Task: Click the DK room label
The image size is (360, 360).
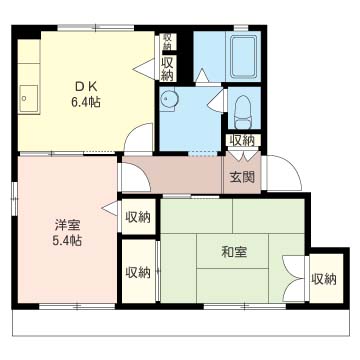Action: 85,87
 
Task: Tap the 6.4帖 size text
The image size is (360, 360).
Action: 85,102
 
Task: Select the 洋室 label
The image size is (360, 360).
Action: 67,226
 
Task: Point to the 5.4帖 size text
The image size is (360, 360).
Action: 67,241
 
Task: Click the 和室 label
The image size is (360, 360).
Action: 234,253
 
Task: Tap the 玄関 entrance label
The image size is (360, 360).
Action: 242,178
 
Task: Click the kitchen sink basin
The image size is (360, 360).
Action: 28,99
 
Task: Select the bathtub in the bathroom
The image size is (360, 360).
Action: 243,56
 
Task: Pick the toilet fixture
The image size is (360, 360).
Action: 244,112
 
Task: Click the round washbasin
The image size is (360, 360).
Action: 169,99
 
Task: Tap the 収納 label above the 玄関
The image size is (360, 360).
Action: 244,141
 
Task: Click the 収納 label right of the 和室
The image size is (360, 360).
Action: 324,279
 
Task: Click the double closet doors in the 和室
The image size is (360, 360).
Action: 294,278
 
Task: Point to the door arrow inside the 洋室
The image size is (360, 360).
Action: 110,208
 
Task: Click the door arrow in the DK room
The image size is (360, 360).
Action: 144,69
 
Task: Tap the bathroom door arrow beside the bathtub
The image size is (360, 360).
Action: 202,75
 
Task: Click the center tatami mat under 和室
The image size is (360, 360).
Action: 232,251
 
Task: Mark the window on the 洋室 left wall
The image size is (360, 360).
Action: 14,199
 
